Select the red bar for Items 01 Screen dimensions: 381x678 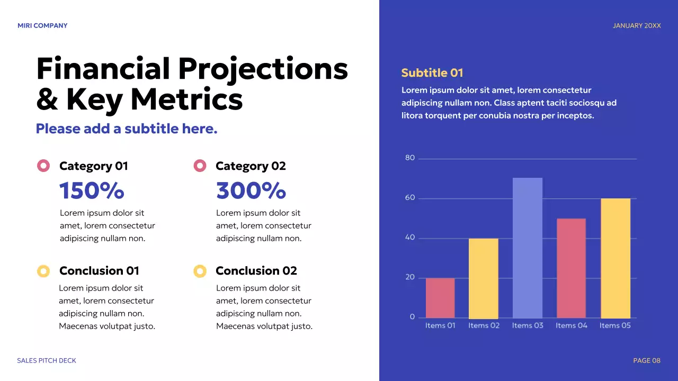tap(440, 298)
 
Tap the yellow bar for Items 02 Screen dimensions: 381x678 tap(483, 278)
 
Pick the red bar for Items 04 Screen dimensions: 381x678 tap(571, 268)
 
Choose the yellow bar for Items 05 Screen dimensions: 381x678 tap(615, 258)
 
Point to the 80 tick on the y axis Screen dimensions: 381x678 tap(410, 158)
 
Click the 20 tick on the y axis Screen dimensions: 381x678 tap(410, 277)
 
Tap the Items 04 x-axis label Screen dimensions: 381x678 tap(571, 325)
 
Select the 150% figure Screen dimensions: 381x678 tap(92, 190)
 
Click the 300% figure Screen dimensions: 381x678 tap(251, 190)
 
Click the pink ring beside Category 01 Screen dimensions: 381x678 tap(43, 166)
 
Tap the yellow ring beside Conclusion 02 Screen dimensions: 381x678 tap(200, 271)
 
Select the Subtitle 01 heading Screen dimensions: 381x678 tap(432, 73)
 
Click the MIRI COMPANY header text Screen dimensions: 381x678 tap(42, 25)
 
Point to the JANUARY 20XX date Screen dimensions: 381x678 tap(637, 25)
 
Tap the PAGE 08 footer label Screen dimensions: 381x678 tap(647, 360)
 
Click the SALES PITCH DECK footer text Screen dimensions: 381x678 tap(47, 360)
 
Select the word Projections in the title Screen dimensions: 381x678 tap(263, 69)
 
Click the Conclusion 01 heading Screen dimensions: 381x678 tap(99, 271)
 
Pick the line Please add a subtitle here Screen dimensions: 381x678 tap(127, 129)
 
